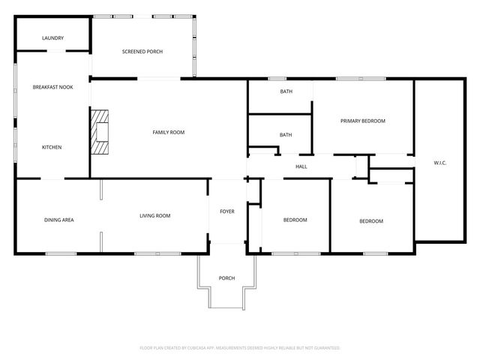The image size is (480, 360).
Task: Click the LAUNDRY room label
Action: (52, 38)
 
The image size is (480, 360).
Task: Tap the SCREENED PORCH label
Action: (142, 52)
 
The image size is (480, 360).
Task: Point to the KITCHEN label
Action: (52, 147)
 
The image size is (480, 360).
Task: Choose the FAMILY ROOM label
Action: (168, 133)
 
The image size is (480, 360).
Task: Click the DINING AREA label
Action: (58, 220)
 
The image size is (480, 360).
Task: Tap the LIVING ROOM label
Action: (154, 216)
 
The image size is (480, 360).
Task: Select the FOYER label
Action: (226, 211)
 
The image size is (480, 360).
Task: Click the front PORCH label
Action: (226, 278)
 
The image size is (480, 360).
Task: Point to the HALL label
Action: (301, 166)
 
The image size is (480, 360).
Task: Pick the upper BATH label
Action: (286, 91)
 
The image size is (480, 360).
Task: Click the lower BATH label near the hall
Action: (286, 135)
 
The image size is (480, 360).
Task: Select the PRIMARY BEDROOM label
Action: (362, 121)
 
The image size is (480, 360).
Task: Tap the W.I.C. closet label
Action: (440, 163)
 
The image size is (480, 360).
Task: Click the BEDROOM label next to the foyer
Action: (295, 220)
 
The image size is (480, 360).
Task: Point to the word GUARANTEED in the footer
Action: (325, 348)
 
